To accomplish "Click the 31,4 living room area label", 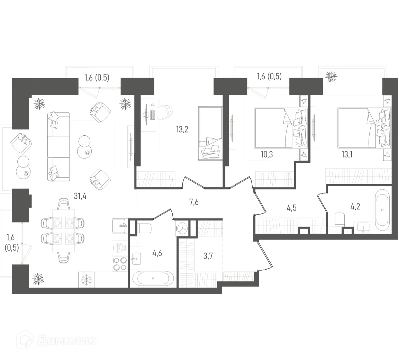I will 80,196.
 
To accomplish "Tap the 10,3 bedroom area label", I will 266,154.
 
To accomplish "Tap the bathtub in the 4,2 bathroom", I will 382,210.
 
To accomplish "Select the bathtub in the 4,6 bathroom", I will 153,279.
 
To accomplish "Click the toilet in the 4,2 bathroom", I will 340,219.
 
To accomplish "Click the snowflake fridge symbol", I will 85,279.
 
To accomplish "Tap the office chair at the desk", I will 165,111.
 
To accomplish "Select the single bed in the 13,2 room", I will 210,133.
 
